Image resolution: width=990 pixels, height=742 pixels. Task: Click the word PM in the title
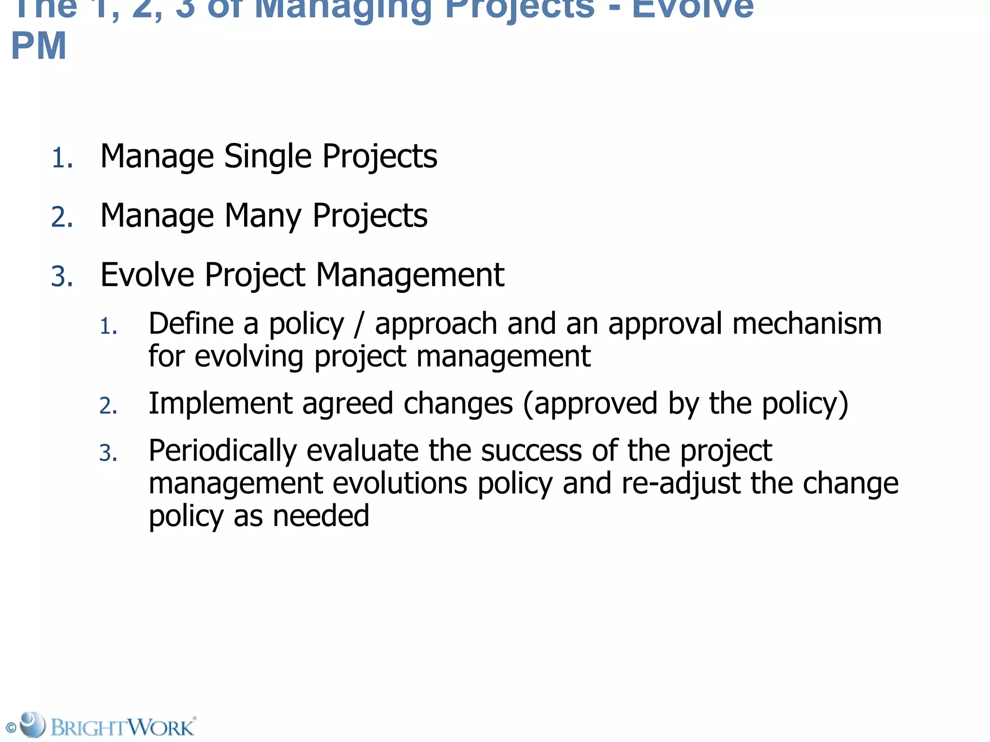(x=39, y=46)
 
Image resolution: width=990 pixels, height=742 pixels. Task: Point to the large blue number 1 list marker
(x=61, y=159)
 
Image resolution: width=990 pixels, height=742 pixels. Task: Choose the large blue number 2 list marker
(x=62, y=217)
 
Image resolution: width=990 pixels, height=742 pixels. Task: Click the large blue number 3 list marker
(x=62, y=277)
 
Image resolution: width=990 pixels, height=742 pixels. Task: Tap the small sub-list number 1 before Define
(x=108, y=327)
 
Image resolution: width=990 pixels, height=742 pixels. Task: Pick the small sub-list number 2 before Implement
(x=108, y=406)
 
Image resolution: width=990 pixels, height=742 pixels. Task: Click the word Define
(x=191, y=324)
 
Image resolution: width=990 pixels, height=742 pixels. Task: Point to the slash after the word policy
(x=359, y=325)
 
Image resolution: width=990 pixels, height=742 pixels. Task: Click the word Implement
(x=220, y=403)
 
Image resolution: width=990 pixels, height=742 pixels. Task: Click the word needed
(x=321, y=515)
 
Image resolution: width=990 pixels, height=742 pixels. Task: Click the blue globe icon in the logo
(x=32, y=724)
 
